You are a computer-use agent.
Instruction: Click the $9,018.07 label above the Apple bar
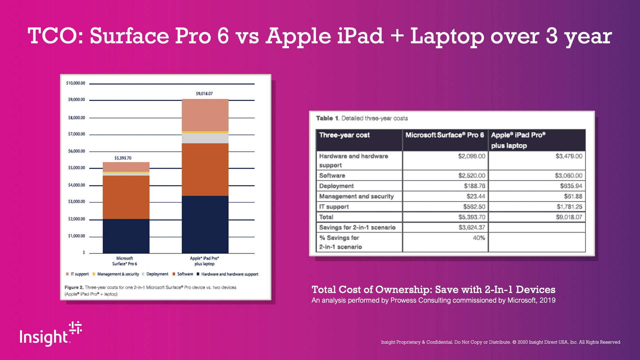click(204, 94)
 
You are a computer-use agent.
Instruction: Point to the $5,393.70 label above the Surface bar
click(123, 158)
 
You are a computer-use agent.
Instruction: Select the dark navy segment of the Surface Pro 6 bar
click(126, 236)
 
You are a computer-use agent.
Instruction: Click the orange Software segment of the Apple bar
click(205, 169)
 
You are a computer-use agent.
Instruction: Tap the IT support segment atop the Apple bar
click(205, 115)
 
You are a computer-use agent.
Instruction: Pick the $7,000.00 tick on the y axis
click(76, 134)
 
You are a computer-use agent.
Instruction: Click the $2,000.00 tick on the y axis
click(76, 219)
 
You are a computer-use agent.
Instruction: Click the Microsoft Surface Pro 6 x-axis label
click(125, 261)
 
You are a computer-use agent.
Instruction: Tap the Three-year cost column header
click(344, 135)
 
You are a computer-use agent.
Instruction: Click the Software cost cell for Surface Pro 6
click(471, 176)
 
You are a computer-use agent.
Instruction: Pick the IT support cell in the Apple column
click(569, 207)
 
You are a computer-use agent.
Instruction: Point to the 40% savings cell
click(479, 238)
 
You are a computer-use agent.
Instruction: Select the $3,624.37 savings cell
click(471, 227)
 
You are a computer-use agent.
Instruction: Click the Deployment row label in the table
click(336, 186)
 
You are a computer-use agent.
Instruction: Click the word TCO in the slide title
click(53, 36)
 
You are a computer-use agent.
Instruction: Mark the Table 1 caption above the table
click(362, 118)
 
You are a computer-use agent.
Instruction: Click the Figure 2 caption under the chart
click(150, 290)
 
